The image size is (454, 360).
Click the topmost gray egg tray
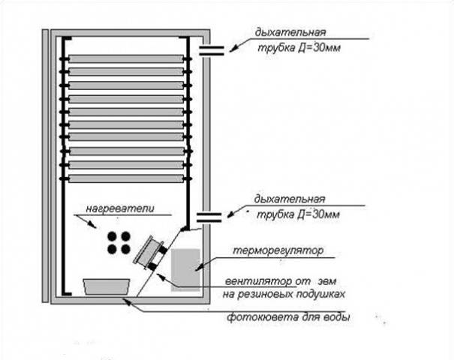click(x=125, y=58)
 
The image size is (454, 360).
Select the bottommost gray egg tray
click(x=125, y=178)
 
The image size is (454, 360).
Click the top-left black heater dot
click(x=112, y=235)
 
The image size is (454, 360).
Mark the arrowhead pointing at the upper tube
click(x=232, y=49)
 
